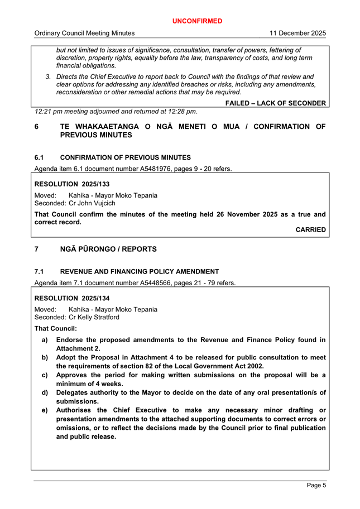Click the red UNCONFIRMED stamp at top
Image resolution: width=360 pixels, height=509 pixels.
pos(197,21)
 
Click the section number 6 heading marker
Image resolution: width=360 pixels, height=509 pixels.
pos(37,127)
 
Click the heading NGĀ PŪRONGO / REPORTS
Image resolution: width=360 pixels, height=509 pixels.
pos(108,249)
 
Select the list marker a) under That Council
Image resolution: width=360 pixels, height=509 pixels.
pos(45,340)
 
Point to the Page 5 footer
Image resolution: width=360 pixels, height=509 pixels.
pos(316,486)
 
